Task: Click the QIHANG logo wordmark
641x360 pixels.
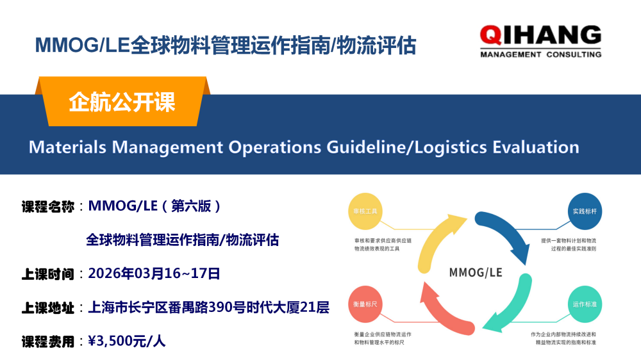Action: click(x=540, y=35)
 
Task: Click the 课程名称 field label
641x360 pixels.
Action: click(x=48, y=206)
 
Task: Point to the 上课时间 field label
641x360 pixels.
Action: click(x=48, y=274)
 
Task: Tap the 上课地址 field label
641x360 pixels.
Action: click(x=48, y=308)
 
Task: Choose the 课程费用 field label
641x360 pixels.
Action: click(x=48, y=341)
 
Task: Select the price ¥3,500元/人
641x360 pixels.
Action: click(x=127, y=341)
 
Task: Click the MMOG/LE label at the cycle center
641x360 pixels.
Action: click(x=476, y=272)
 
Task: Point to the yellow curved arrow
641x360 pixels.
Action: click(x=436, y=240)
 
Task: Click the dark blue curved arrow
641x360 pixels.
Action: click(x=506, y=234)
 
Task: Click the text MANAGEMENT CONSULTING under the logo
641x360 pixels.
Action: click(x=540, y=54)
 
